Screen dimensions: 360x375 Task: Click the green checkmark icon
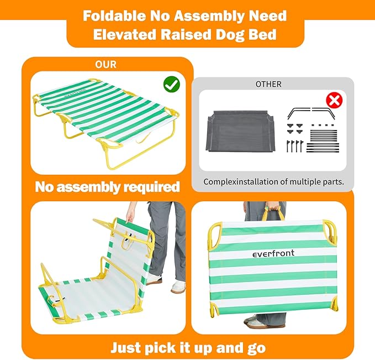[x=172, y=85]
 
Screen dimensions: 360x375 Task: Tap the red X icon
[x=334, y=100]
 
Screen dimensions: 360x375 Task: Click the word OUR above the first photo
[x=105, y=65]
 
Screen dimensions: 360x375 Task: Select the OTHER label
[x=268, y=84]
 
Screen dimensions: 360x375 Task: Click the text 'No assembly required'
[x=107, y=186]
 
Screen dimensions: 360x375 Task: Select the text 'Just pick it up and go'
[x=188, y=348]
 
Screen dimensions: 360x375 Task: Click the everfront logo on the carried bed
[x=273, y=254]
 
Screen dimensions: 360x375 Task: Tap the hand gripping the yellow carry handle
[x=271, y=209]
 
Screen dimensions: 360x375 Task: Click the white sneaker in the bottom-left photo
[x=178, y=286]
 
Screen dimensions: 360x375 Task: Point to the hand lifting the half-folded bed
[x=130, y=214]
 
